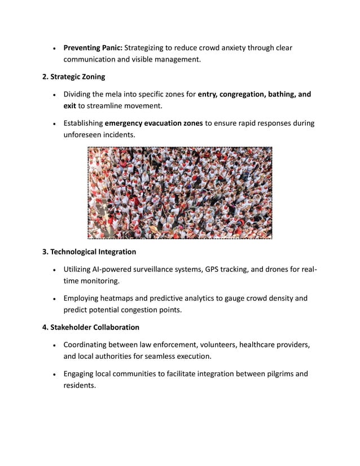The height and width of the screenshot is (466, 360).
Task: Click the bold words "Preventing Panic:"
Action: pyautogui.click(x=93, y=48)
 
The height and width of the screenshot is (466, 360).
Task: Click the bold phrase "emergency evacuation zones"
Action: pyautogui.click(x=153, y=123)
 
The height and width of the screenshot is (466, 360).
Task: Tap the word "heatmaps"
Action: pyautogui.click(x=117, y=298)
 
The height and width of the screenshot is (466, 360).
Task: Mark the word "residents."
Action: pyautogui.click(x=80, y=385)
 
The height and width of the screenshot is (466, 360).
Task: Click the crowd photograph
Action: pyautogui.click(x=180, y=193)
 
